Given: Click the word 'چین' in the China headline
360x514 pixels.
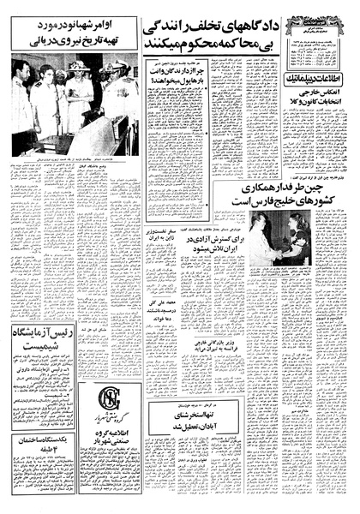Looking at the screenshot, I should pyautogui.click(x=333, y=187).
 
